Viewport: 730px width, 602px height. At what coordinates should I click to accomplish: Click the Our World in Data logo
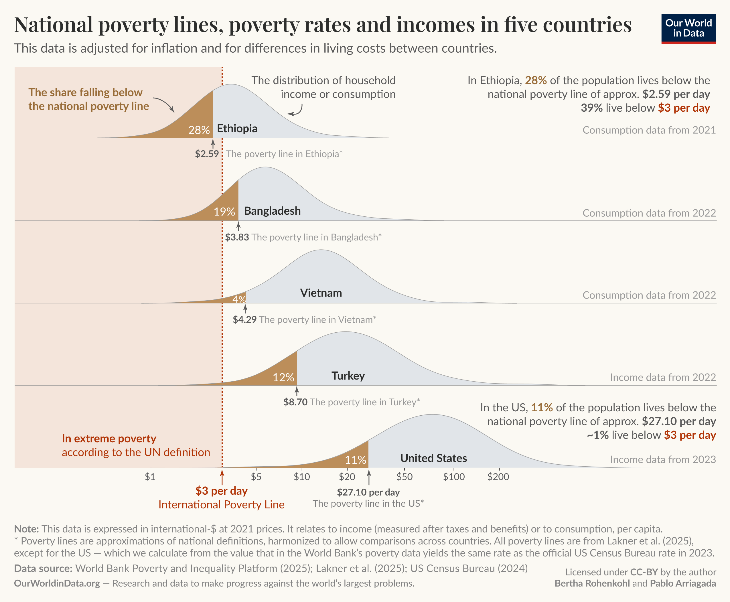pos(688,28)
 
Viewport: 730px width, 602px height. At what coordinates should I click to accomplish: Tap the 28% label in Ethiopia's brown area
pos(199,130)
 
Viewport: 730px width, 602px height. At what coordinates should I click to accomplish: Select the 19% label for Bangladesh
pos(224,212)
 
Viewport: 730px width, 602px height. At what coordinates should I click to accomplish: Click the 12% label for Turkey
pos(283,377)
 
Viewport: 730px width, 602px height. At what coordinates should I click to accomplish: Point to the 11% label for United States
pos(355,460)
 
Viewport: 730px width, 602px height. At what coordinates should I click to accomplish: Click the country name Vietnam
pos(321,293)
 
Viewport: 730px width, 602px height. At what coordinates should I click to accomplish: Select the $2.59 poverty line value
pos(207,154)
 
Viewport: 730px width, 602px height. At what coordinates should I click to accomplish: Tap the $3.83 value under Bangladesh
pos(237,237)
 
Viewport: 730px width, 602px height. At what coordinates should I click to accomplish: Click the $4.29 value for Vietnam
pos(244,319)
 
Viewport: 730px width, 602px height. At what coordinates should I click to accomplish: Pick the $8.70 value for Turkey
pos(295,402)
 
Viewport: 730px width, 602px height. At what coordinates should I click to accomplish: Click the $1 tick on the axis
pos(150,477)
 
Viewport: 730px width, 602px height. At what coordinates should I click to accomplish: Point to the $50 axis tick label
pos(404,477)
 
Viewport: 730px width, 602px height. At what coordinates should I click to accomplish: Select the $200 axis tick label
pos(498,477)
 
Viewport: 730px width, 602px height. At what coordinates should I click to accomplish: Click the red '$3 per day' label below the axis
pos(221,491)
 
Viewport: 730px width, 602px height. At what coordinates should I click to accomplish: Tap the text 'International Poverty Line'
pos(221,505)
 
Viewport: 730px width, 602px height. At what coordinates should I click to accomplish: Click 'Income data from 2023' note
pos(663,459)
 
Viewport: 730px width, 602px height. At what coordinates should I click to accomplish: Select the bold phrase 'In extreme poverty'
pos(109,439)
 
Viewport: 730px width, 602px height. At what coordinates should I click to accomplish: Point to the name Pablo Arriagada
pos(682,583)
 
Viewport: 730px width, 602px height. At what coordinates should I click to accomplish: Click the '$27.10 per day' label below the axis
pos(368,492)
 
